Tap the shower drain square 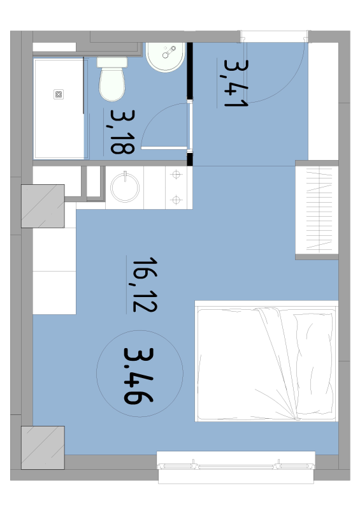click(x=59, y=94)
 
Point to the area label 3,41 click(x=234, y=84)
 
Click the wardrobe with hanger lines click(x=317, y=210)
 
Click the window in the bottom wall click(x=236, y=461)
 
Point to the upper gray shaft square click(x=43, y=206)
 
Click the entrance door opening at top click(x=275, y=36)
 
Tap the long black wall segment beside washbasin click(x=189, y=70)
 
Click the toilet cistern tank click(x=113, y=62)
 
